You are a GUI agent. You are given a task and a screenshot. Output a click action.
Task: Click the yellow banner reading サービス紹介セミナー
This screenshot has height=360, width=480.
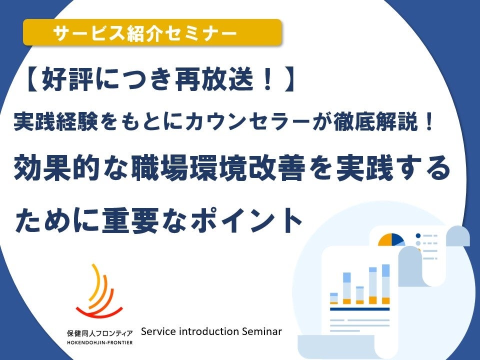pos(152,33)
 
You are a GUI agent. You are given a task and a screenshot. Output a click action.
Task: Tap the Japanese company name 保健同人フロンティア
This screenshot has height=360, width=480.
pos(100,333)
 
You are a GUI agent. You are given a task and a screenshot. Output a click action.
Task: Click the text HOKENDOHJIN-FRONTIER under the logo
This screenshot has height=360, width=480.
pos(100,342)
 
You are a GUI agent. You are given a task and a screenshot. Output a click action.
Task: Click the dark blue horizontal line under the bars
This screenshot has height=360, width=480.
pos(359,309)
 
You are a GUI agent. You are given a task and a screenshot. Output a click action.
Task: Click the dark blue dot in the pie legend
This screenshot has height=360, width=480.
pos(418,235)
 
